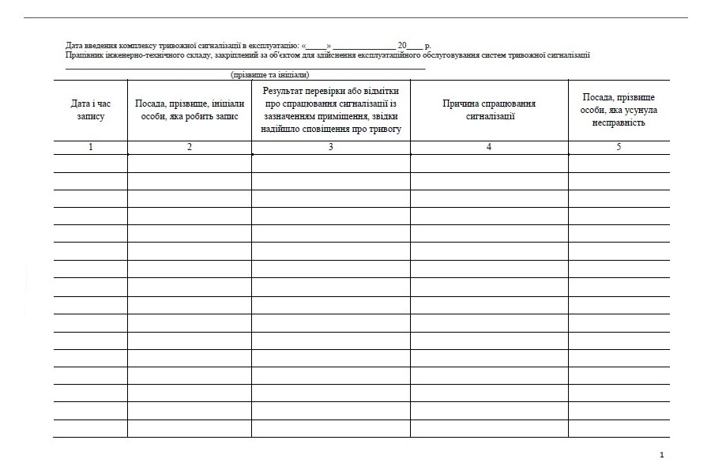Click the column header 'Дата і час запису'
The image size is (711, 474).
(x=90, y=110)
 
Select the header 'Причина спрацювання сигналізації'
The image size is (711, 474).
(x=489, y=110)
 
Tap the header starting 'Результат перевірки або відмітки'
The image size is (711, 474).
(x=331, y=110)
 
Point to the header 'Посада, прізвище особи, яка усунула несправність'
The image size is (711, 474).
(x=619, y=110)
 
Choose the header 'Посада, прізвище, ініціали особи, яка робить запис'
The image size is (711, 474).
(x=190, y=110)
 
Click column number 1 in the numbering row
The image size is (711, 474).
(x=90, y=147)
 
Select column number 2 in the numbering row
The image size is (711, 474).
(x=190, y=147)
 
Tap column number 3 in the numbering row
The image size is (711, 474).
(x=331, y=147)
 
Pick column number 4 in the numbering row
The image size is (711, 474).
(x=489, y=147)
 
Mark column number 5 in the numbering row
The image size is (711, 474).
(x=619, y=147)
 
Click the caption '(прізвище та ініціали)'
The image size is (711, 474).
(x=269, y=75)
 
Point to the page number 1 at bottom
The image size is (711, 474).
(x=661, y=455)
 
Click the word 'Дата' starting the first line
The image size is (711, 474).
(x=74, y=46)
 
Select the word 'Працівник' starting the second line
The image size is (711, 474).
(x=83, y=55)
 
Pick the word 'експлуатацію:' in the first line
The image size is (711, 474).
(x=275, y=46)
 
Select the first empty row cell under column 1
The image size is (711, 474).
(x=90, y=164)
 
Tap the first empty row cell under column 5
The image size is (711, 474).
(x=619, y=164)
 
